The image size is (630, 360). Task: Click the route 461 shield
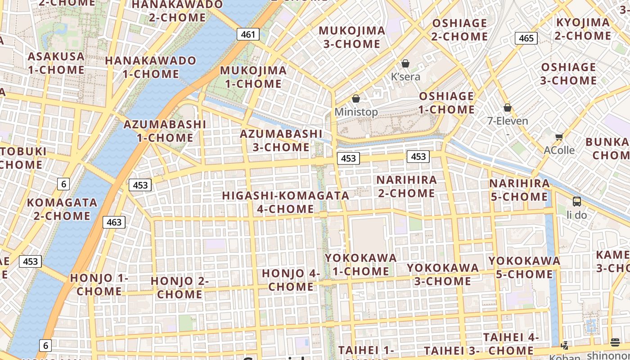pos(248,35)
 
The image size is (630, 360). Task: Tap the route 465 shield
pos(526,38)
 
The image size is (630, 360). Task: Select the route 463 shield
pos(114,222)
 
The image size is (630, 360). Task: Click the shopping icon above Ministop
pos(356,99)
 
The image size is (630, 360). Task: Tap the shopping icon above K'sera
pos(405,63)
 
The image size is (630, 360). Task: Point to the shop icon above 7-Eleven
pos(508,108)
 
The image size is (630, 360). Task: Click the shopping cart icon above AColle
pos(559,137)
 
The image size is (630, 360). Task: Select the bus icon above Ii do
pos(576,201)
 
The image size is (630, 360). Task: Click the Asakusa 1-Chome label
pos(56,63)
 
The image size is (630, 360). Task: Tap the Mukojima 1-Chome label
pos(253,77)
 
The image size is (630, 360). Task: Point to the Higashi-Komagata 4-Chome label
pos(286,202)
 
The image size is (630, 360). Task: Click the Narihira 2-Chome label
pos(406,186)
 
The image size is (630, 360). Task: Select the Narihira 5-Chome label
pos(519,190)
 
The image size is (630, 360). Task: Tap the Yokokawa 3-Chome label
pos(443,274)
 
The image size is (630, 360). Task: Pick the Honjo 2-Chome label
pos(180,288)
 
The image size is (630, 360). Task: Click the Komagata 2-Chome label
pos(62,209)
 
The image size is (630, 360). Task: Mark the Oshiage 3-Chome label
pos(568,74)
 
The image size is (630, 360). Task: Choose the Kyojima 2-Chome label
pos(583,29)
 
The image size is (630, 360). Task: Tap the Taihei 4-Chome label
pos(511,344)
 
